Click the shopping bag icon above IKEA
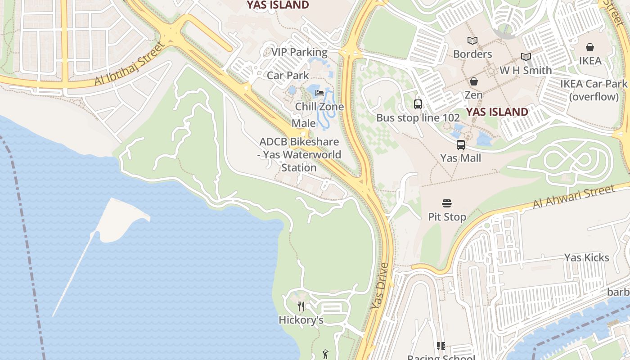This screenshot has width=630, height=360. point(589,47)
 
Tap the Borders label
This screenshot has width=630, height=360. point(472,54)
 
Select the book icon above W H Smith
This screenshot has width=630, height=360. point(526,57)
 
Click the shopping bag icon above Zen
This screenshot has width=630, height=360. point(473,81)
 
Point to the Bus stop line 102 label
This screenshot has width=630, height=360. point(418,118)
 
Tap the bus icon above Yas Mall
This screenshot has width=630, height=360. point(460,145)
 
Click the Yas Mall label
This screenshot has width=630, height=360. point(460,158)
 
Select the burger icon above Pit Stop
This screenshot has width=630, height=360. point(446,203)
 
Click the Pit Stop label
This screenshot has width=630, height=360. point(446,217)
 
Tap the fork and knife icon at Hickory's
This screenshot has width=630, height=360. point(301,306)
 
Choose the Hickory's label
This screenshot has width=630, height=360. point(301,320)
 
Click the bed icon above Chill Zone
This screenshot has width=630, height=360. point(319,93)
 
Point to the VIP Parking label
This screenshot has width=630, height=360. point(299,52)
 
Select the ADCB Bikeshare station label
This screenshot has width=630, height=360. point(299,155)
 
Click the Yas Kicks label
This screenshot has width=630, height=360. point(586,258)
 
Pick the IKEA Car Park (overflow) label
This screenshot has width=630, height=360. point(593,90)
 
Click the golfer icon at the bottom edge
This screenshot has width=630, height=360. point(325,355)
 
